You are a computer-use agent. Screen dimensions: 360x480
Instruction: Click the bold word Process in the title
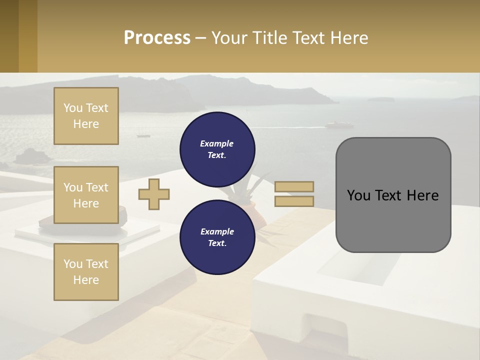click(157, 38)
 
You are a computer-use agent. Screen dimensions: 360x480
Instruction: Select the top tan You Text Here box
click(86, 116)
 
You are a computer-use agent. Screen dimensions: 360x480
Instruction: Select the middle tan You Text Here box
click(86, 195)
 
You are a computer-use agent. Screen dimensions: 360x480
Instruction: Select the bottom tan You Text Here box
click(86, 272)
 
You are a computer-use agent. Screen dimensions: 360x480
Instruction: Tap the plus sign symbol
click(154, 194)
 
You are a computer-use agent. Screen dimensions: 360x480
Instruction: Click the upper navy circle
click(217, 149)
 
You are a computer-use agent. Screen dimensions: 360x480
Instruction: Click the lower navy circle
click(217, 237)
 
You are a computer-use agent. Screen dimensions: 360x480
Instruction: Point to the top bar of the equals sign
click(294, 187)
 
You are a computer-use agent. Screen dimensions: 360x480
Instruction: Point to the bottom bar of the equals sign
click(294, 201)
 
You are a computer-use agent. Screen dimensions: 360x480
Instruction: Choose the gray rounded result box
click(393, 220)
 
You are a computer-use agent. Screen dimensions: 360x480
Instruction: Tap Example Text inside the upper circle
click(217, 149)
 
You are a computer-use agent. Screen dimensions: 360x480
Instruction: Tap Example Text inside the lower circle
click(217, 237)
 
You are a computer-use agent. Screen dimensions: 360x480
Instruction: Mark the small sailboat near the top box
click(143, 134)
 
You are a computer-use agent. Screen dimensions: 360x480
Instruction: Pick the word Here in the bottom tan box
click(86, 280)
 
